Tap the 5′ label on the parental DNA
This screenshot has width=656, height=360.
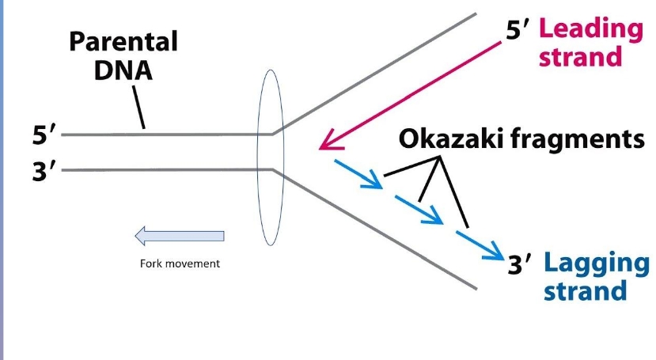(44, 135)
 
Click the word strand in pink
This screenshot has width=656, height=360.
(581, 57)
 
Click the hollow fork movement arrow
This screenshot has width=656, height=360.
(180, 236)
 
